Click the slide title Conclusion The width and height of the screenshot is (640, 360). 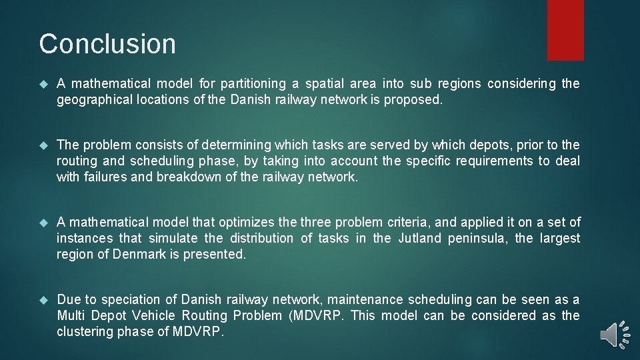[x=107, y=44]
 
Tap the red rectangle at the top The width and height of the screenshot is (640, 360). [x=565, y=30]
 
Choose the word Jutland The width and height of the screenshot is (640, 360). [x=419, y=238]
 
